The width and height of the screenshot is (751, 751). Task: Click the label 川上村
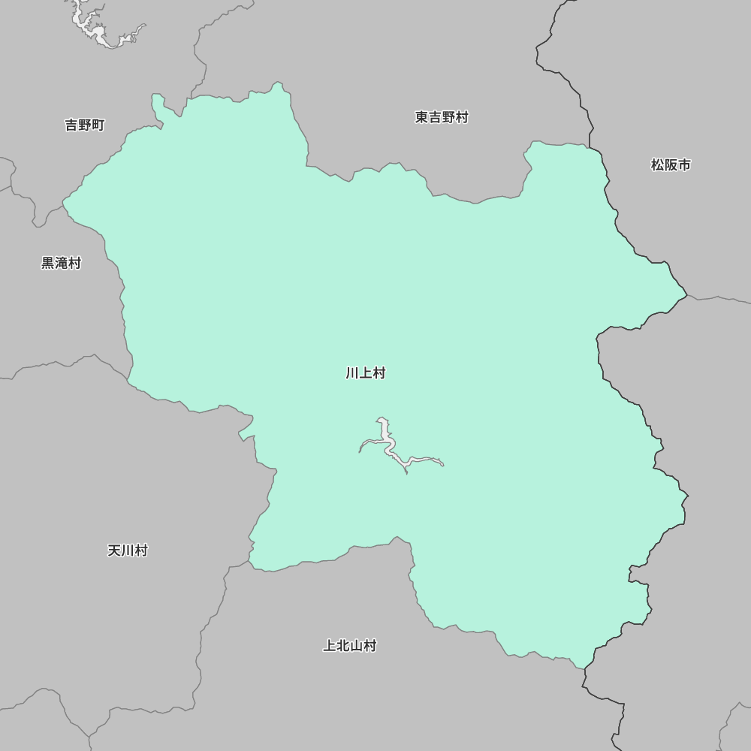tap(366, 373)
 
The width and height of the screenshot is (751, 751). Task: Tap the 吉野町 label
tap(84, 125)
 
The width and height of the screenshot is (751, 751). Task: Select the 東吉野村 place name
tap(442, 117)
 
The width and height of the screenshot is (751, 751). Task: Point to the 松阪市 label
tap(671, 165)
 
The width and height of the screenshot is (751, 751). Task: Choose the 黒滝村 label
tap(61, 264)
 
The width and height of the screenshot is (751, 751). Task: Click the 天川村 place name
tap(128, 550)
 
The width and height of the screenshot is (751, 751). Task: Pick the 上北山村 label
tap(349, 646)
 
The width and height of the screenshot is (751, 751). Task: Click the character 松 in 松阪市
tap(657, 165)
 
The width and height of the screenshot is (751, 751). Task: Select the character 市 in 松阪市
tap(684, 165)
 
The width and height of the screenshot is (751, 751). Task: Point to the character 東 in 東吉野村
tap(421, 117)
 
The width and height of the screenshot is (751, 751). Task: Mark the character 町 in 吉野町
tap(98, 125)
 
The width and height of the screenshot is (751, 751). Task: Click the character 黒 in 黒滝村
tap(47, 264)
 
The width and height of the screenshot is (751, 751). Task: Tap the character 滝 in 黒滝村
tap(61, 264)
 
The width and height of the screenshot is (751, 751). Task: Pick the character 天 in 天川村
tap(114, 550)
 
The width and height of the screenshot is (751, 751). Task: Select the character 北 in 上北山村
tap(342, 646)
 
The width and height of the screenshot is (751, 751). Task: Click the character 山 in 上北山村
tap(356, 646)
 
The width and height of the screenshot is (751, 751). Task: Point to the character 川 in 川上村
tap(352, 373)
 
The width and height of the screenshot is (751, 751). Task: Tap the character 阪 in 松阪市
tap(671, 165)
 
